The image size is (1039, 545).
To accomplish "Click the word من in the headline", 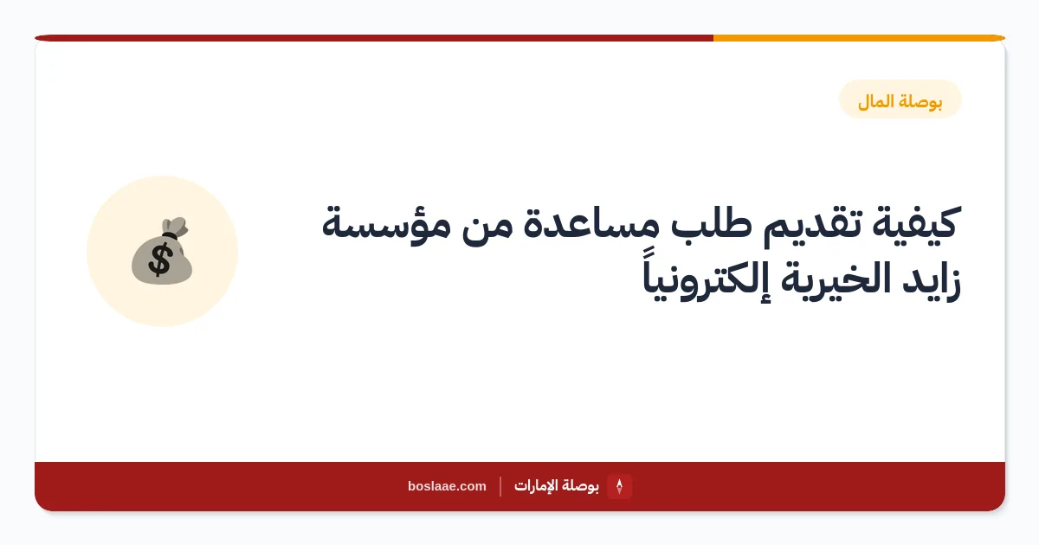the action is pyautogui.click(x=487, y=227).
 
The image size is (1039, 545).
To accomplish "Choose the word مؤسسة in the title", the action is pyautogui.click(x=386, y=225).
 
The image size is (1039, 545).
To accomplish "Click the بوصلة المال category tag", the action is pyautogui.click(x=900, y=99).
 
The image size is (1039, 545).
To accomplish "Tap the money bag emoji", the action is pyautogui.click(x=162, y=251).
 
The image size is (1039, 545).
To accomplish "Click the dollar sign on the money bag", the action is pyautogui.click(x=159, y=260).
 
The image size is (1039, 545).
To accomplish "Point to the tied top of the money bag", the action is pyautogui.click(x=175, y=227).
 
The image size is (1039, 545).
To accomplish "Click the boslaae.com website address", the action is pyautogui.click(x=447, y=486).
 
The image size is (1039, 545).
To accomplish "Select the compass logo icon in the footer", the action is pyautogui.click(x=619, y=486).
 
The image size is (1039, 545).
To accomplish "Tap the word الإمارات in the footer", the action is pyautogui.click(x=537, y=485).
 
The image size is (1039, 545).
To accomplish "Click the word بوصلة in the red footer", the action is pyautogui.click(x=582, y=485).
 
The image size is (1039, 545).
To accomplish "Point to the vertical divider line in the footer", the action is pyautogui.click(x=500, y=486).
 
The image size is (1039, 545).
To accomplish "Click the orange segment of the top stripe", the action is pyautogui.click(x=859, y=38).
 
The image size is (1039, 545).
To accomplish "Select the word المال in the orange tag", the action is pyautogui.click(x=875, y=101).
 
